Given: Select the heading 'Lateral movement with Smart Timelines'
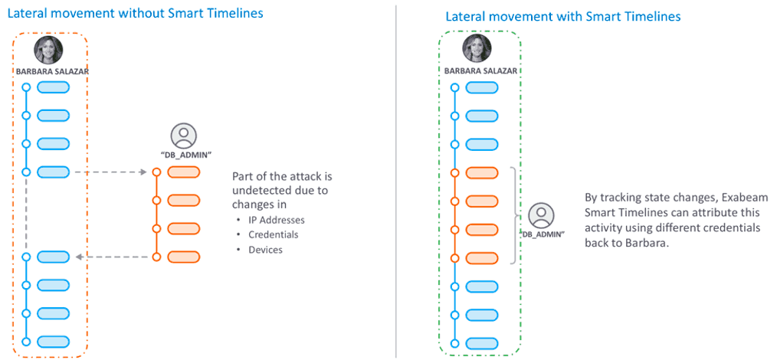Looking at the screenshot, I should click(562, 16).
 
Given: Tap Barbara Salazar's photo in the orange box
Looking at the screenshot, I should click(48, 51).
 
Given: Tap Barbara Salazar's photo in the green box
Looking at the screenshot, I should click(477, 51).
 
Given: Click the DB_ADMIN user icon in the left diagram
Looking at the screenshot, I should click(182, 136).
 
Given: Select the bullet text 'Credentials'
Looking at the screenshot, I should click(273, 234).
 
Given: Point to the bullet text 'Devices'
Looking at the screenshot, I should click(265, 250).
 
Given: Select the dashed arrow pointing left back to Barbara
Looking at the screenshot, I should click(115, 257).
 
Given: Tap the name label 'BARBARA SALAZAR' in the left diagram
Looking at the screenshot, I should click(48, 71).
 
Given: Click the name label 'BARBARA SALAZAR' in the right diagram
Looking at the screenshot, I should click(477, 71).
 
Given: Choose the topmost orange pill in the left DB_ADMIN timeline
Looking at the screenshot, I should click(183, 172).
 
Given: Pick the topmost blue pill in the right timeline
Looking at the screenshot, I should click(482, 87).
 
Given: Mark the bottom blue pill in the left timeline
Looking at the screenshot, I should click(53, 342).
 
